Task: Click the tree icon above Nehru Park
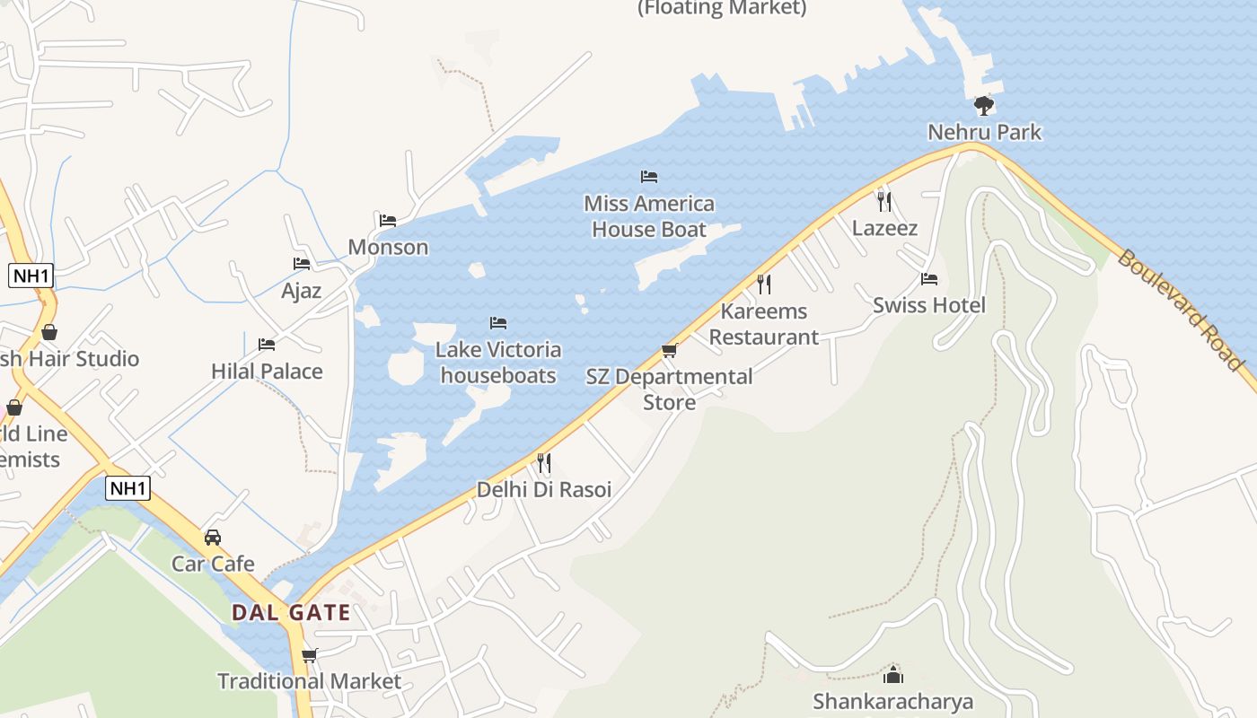tap(984, 106)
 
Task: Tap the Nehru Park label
tap(984, 132)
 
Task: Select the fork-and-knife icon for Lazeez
tap(884, 201)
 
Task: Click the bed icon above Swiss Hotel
tap(929, 279)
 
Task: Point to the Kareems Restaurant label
tap(764, 324)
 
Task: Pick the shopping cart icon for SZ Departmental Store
tap(669, 350)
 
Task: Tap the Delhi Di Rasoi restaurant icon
tap(544, 463)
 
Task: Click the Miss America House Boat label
tap(649, 216)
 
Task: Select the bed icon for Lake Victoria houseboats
tap(498, 323)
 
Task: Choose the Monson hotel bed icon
tap(388, 221)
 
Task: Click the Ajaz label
tap(301, 291)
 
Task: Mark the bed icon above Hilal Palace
tap(267, 345)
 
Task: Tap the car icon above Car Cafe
tap(213, 538)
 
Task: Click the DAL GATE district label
tap(291, 613)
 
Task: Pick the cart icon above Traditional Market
tap(310, 655)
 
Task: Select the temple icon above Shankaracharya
tap(893, 675)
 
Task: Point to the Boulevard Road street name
tap(1180, 310)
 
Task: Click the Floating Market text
tap(722, 8)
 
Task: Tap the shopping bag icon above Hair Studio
tap(49, 332)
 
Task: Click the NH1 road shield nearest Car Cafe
tap(127, 488)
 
